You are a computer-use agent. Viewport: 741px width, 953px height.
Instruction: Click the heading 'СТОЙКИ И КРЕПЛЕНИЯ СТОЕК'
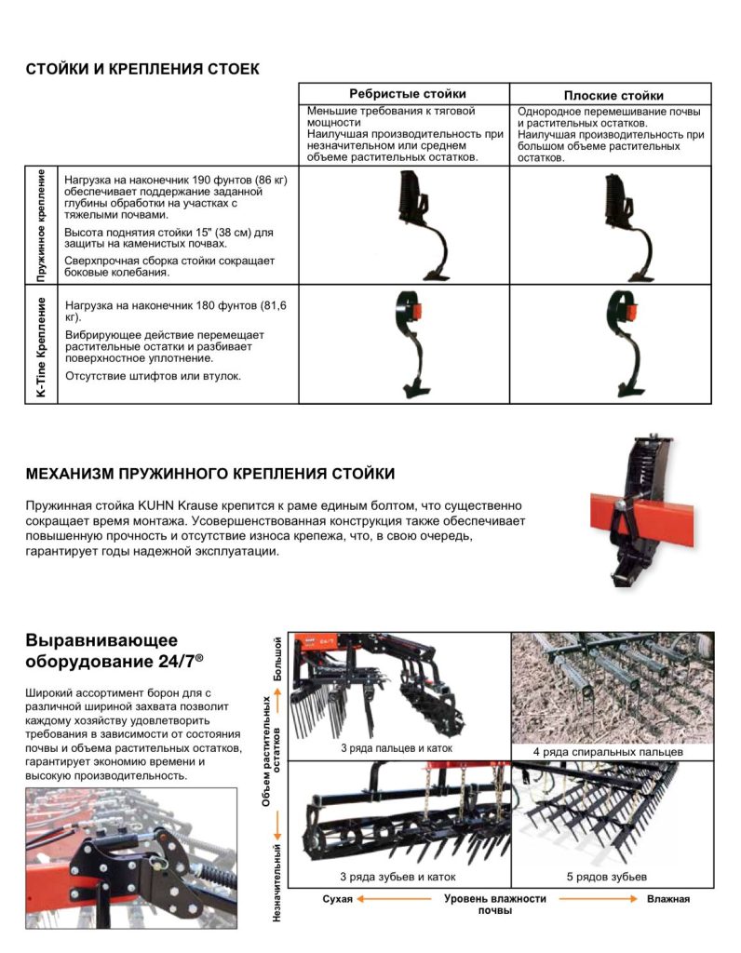(x=142, y=70)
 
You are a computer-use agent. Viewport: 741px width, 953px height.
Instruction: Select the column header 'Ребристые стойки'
(x=407, y=94)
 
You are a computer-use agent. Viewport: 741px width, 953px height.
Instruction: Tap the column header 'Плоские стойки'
(x=613, y=95)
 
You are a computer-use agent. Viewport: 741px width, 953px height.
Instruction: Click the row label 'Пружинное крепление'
(x=42, y=226)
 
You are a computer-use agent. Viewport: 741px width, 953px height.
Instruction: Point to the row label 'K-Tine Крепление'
(x=42, y=344)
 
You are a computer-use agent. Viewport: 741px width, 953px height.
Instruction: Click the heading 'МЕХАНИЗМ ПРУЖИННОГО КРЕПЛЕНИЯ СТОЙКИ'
(x=210, y=474)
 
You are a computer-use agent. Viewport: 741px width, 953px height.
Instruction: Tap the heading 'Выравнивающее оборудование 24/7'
(x=115, y=650)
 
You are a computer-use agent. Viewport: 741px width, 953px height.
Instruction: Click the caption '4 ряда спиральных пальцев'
(x=609, y=751)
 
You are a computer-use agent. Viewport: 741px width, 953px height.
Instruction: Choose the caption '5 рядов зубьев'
(x=606, y=877)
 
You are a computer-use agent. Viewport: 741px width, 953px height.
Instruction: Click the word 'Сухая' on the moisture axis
(x=338, y=899)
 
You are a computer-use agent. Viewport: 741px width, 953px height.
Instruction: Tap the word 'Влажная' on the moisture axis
(x=668, y=899)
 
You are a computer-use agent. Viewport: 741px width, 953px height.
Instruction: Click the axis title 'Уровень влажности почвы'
(x=494, y=904)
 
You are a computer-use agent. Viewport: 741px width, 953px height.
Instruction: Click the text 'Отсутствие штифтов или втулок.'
(x=153, y=376)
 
